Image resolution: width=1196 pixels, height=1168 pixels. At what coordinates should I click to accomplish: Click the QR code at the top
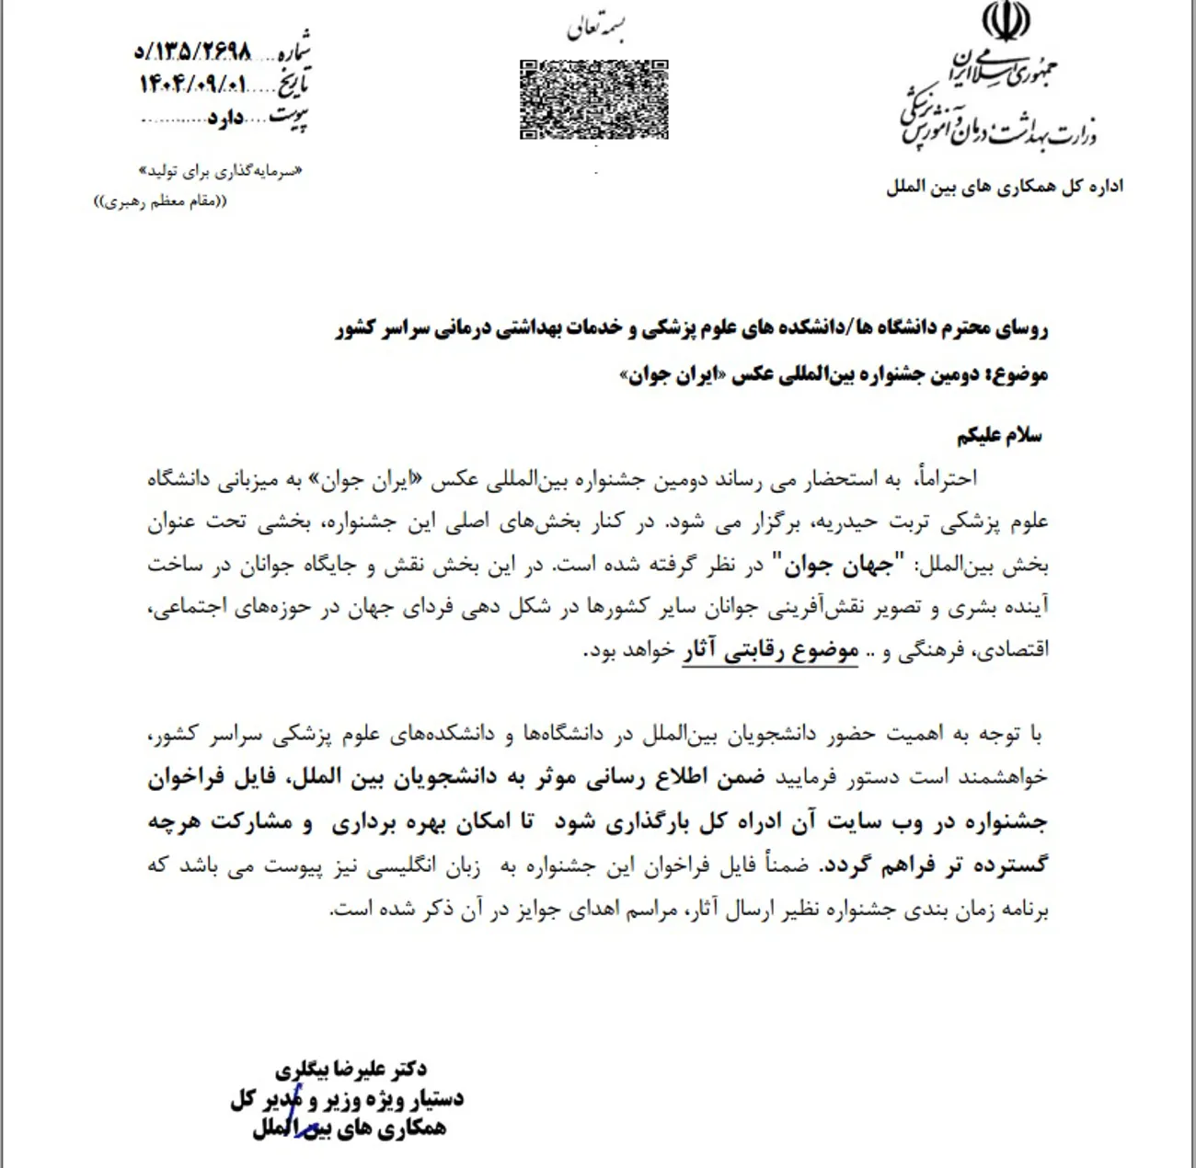pyautogui.click(x=593, y=99)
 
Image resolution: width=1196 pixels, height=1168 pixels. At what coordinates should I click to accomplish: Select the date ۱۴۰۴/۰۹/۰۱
pyautogui.click(x=193, y=85)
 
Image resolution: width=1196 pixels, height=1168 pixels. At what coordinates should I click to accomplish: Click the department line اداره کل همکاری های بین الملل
pyautogui.click(x=1004, y=187)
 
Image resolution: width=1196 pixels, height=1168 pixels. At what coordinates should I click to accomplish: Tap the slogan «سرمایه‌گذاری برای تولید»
pyautogui.click(x=220, y=171)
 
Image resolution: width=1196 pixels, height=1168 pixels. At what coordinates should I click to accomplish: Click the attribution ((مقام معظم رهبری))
pyautogui.click(x=160, y=201)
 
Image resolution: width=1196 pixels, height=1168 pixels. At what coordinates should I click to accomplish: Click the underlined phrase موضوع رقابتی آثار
pyautogui.click(x=770, y=650)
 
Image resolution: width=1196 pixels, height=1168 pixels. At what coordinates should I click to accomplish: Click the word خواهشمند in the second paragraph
pyautogui.click(x=1002, y=777)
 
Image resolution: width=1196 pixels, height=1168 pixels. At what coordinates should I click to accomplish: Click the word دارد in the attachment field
pyautogui.click(x=225, y=119)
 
